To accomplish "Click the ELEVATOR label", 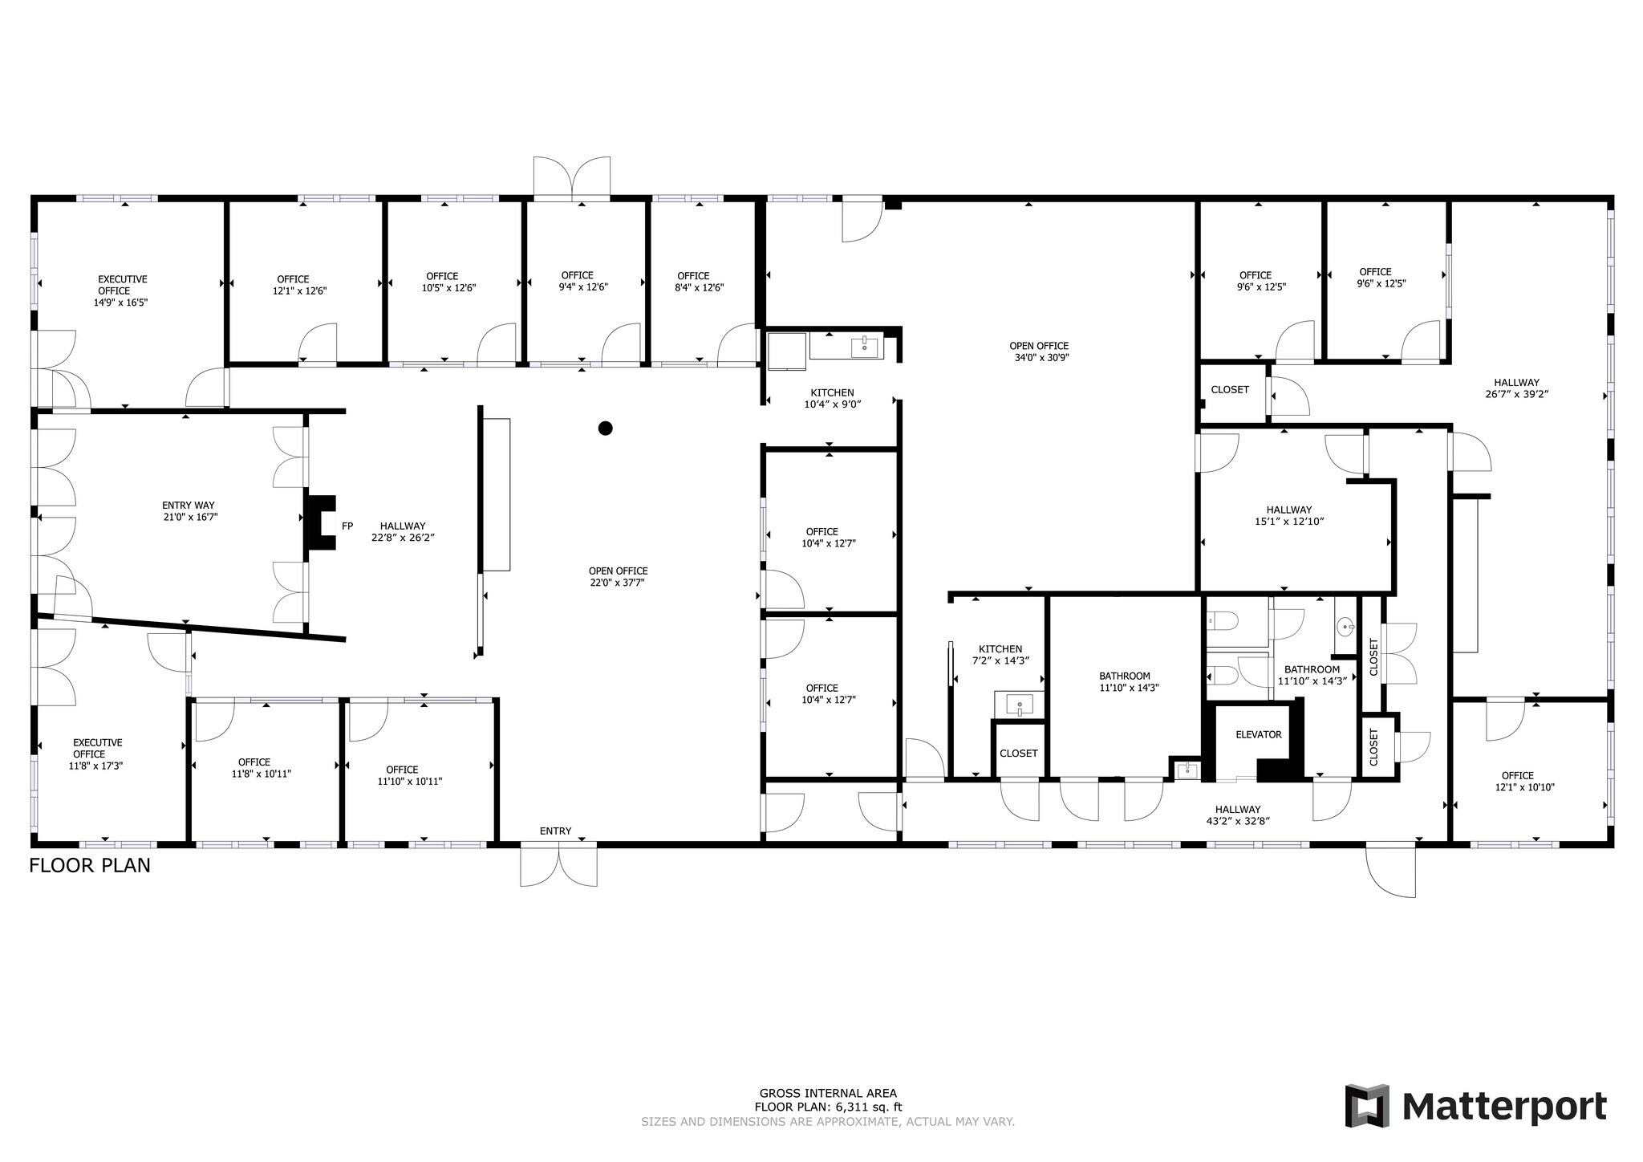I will tap(1258, 734).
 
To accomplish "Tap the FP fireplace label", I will tap(347, 526).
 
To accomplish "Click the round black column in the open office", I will tap(606, 429).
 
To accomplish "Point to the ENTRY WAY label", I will tap(189, 506).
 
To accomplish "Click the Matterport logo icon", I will tap(1368, 1106).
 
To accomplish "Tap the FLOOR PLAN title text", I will tap(90, 866).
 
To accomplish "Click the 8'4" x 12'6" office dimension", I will tap(700, 287).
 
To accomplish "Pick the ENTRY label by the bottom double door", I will tap(555, 831).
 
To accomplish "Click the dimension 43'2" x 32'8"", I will tap(1238, 821).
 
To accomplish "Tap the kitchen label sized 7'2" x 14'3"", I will tap(1000, 649).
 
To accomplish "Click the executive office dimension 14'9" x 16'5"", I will tap(121, 303).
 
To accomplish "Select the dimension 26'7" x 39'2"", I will tap(1516, 394).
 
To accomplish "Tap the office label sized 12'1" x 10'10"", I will tap(1517, 775).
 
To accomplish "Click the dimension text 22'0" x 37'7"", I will tap(618, 583).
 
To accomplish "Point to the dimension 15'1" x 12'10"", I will tap(1289, 521).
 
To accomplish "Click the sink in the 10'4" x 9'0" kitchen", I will tap(864, 346).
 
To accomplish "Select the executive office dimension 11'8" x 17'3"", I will tap(95, 766).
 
